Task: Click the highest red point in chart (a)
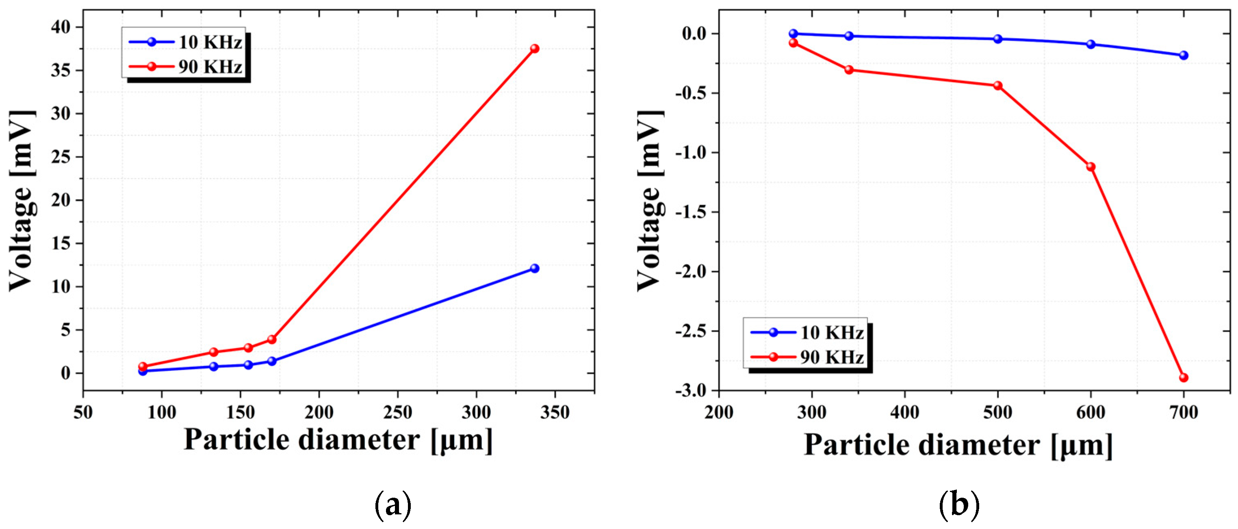[x=534, y=48]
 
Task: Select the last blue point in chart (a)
[x=534, y=268]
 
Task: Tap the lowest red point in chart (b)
[x=1184, y=377]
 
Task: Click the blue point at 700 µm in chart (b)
[x=1184, y=55]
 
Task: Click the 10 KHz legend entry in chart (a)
[x=185, y=42]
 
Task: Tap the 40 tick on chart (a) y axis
[x=61, y=27]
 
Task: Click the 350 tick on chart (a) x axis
[x=555, y=412]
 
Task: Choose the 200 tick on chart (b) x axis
[x=719, y=412]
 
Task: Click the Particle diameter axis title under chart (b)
[x=958, y=444]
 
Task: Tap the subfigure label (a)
[x=392, y=505]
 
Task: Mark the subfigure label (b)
[x=959, y=505]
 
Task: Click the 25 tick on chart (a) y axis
[x=61, y=157]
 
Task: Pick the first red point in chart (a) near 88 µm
[x=143, y=366]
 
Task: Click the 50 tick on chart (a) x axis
[x=83, y=412]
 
